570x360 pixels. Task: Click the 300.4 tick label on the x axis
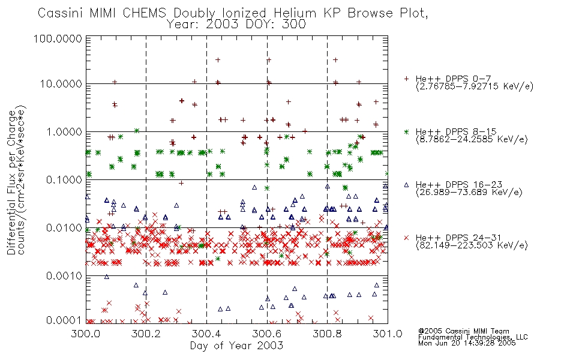(x=206, y=334)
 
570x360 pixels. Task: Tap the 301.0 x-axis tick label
(x=388, y=334)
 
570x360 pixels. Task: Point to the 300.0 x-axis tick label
(x=86, y=334)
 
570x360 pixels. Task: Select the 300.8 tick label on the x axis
(x=327, y=334)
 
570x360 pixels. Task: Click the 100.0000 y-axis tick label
(x=58, y=38)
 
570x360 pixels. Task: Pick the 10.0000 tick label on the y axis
(x=61, y=84)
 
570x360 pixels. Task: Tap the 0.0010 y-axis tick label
(x=64, y=276)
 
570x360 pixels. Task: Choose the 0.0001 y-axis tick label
(x=64, y=320)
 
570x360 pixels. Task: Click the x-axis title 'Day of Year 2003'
(x=236, y=346)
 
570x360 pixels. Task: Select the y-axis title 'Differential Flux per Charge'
(x=11, y=182)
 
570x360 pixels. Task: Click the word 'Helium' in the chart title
(x=295, y=13)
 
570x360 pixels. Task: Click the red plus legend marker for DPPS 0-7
(x=406, y=79)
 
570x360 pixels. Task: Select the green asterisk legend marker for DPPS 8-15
(x=406, y=131)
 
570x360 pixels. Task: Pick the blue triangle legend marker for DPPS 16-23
(x=406, y=185)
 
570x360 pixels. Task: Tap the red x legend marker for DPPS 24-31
(x=406, y=238)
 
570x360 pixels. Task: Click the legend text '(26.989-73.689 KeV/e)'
(x=469, y=192)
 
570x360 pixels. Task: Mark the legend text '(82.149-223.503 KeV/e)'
(x=472, y=245)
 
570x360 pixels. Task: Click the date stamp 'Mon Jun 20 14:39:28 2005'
(x=467, y=343)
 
